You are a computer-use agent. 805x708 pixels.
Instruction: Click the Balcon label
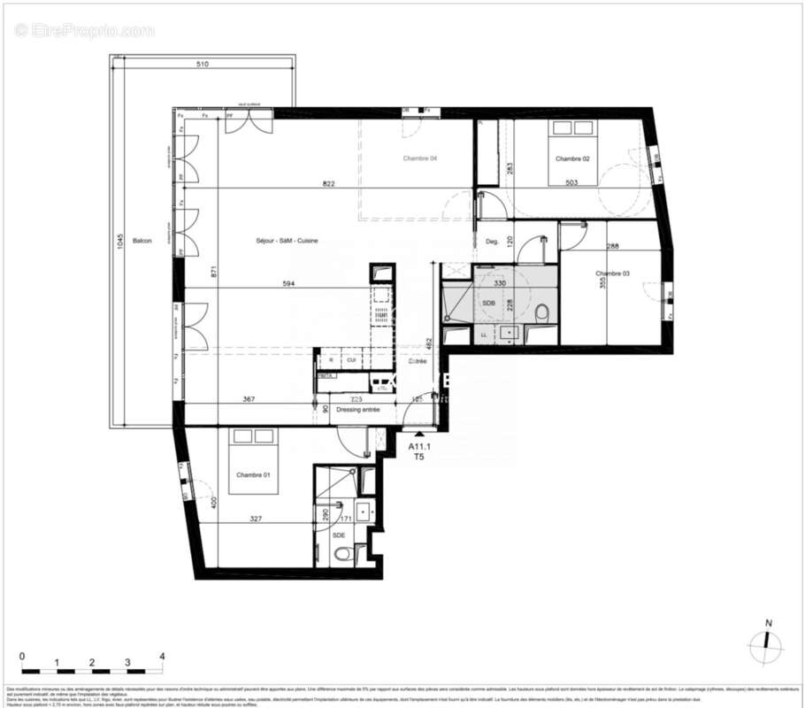click(x=142, y=241)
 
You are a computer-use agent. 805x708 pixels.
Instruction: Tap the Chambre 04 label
click(x=420, y=158)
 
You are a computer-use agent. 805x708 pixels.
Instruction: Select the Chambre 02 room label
click(x=572, y=158)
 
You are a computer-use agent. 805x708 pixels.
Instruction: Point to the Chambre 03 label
click(x=612, y=273)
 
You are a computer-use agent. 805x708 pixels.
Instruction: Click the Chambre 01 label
click(x=253, y=475)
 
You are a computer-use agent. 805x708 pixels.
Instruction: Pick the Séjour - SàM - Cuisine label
click(x=287, y=241)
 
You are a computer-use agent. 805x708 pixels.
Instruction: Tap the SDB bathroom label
click(x=488, y=304)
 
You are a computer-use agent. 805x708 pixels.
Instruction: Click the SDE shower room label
click(x=338, y=535)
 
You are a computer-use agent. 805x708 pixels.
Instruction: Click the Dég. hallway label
click(x=493, y=241)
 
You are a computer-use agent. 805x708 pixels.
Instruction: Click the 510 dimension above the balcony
click(x=203, y=65)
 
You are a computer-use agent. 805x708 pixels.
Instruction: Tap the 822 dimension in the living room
click(x=328, y=183)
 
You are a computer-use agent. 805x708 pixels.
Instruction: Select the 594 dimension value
click(x=288, y=283)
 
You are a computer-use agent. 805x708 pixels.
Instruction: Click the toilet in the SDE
click(x=342, y=555)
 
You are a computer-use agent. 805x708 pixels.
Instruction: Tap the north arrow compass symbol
click(x=766, y=644)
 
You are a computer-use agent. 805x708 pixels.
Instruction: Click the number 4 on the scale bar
click(x=162, y=657)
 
